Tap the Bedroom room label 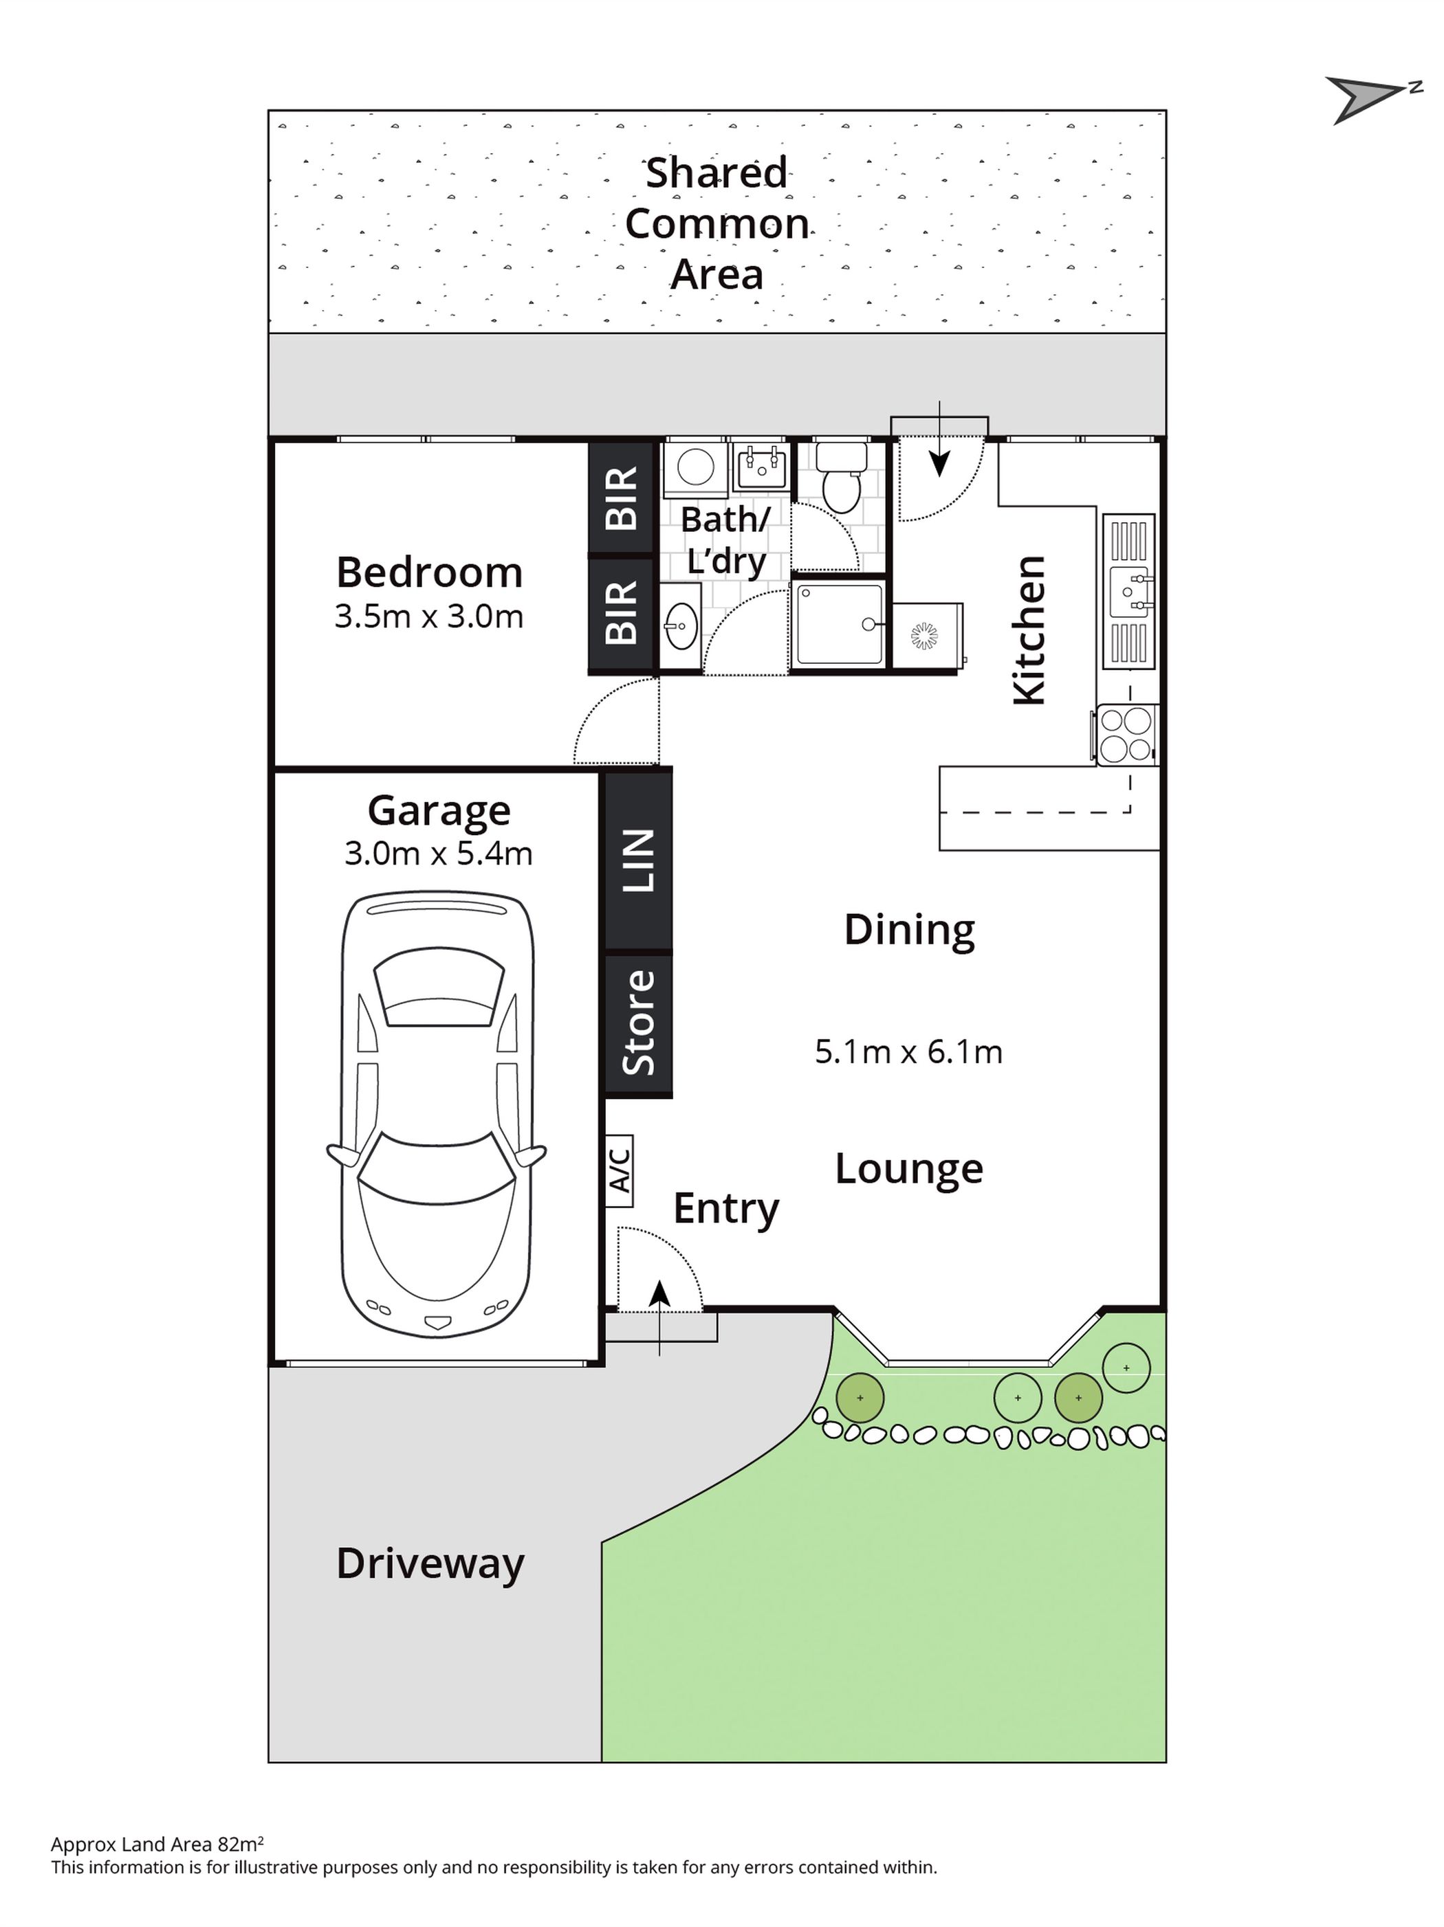(x=430, y=572)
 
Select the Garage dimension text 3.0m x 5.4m (x=438, y=853)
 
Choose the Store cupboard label (x=639, y=1022)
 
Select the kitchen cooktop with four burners (x=1127, y=735)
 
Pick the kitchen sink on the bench (x=1128, y=592)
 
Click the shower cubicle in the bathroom (x=838, y=625)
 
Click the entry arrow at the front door (x=659, y=1317)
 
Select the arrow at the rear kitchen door (x=939, y=439)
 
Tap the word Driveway (x=430, y=1563)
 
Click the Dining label (x=909, y=931)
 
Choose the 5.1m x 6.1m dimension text (x=909, y=1051)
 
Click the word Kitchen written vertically (x=1028, y=630)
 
